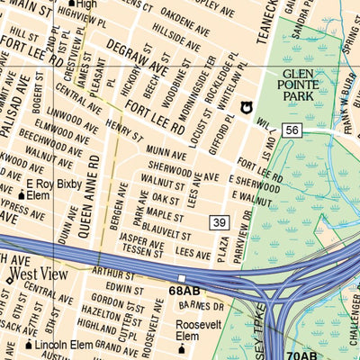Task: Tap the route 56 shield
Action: click(291, 130)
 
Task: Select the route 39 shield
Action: click(219, 222)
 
